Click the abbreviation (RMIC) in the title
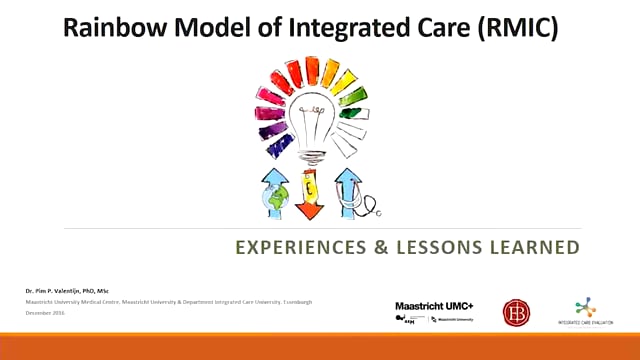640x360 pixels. pyautogui.click(x=523, y=29)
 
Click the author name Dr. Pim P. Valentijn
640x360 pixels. pyautogui.click(x=71, y=289)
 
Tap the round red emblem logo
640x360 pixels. pyautogui.click(x=516, y=311)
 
